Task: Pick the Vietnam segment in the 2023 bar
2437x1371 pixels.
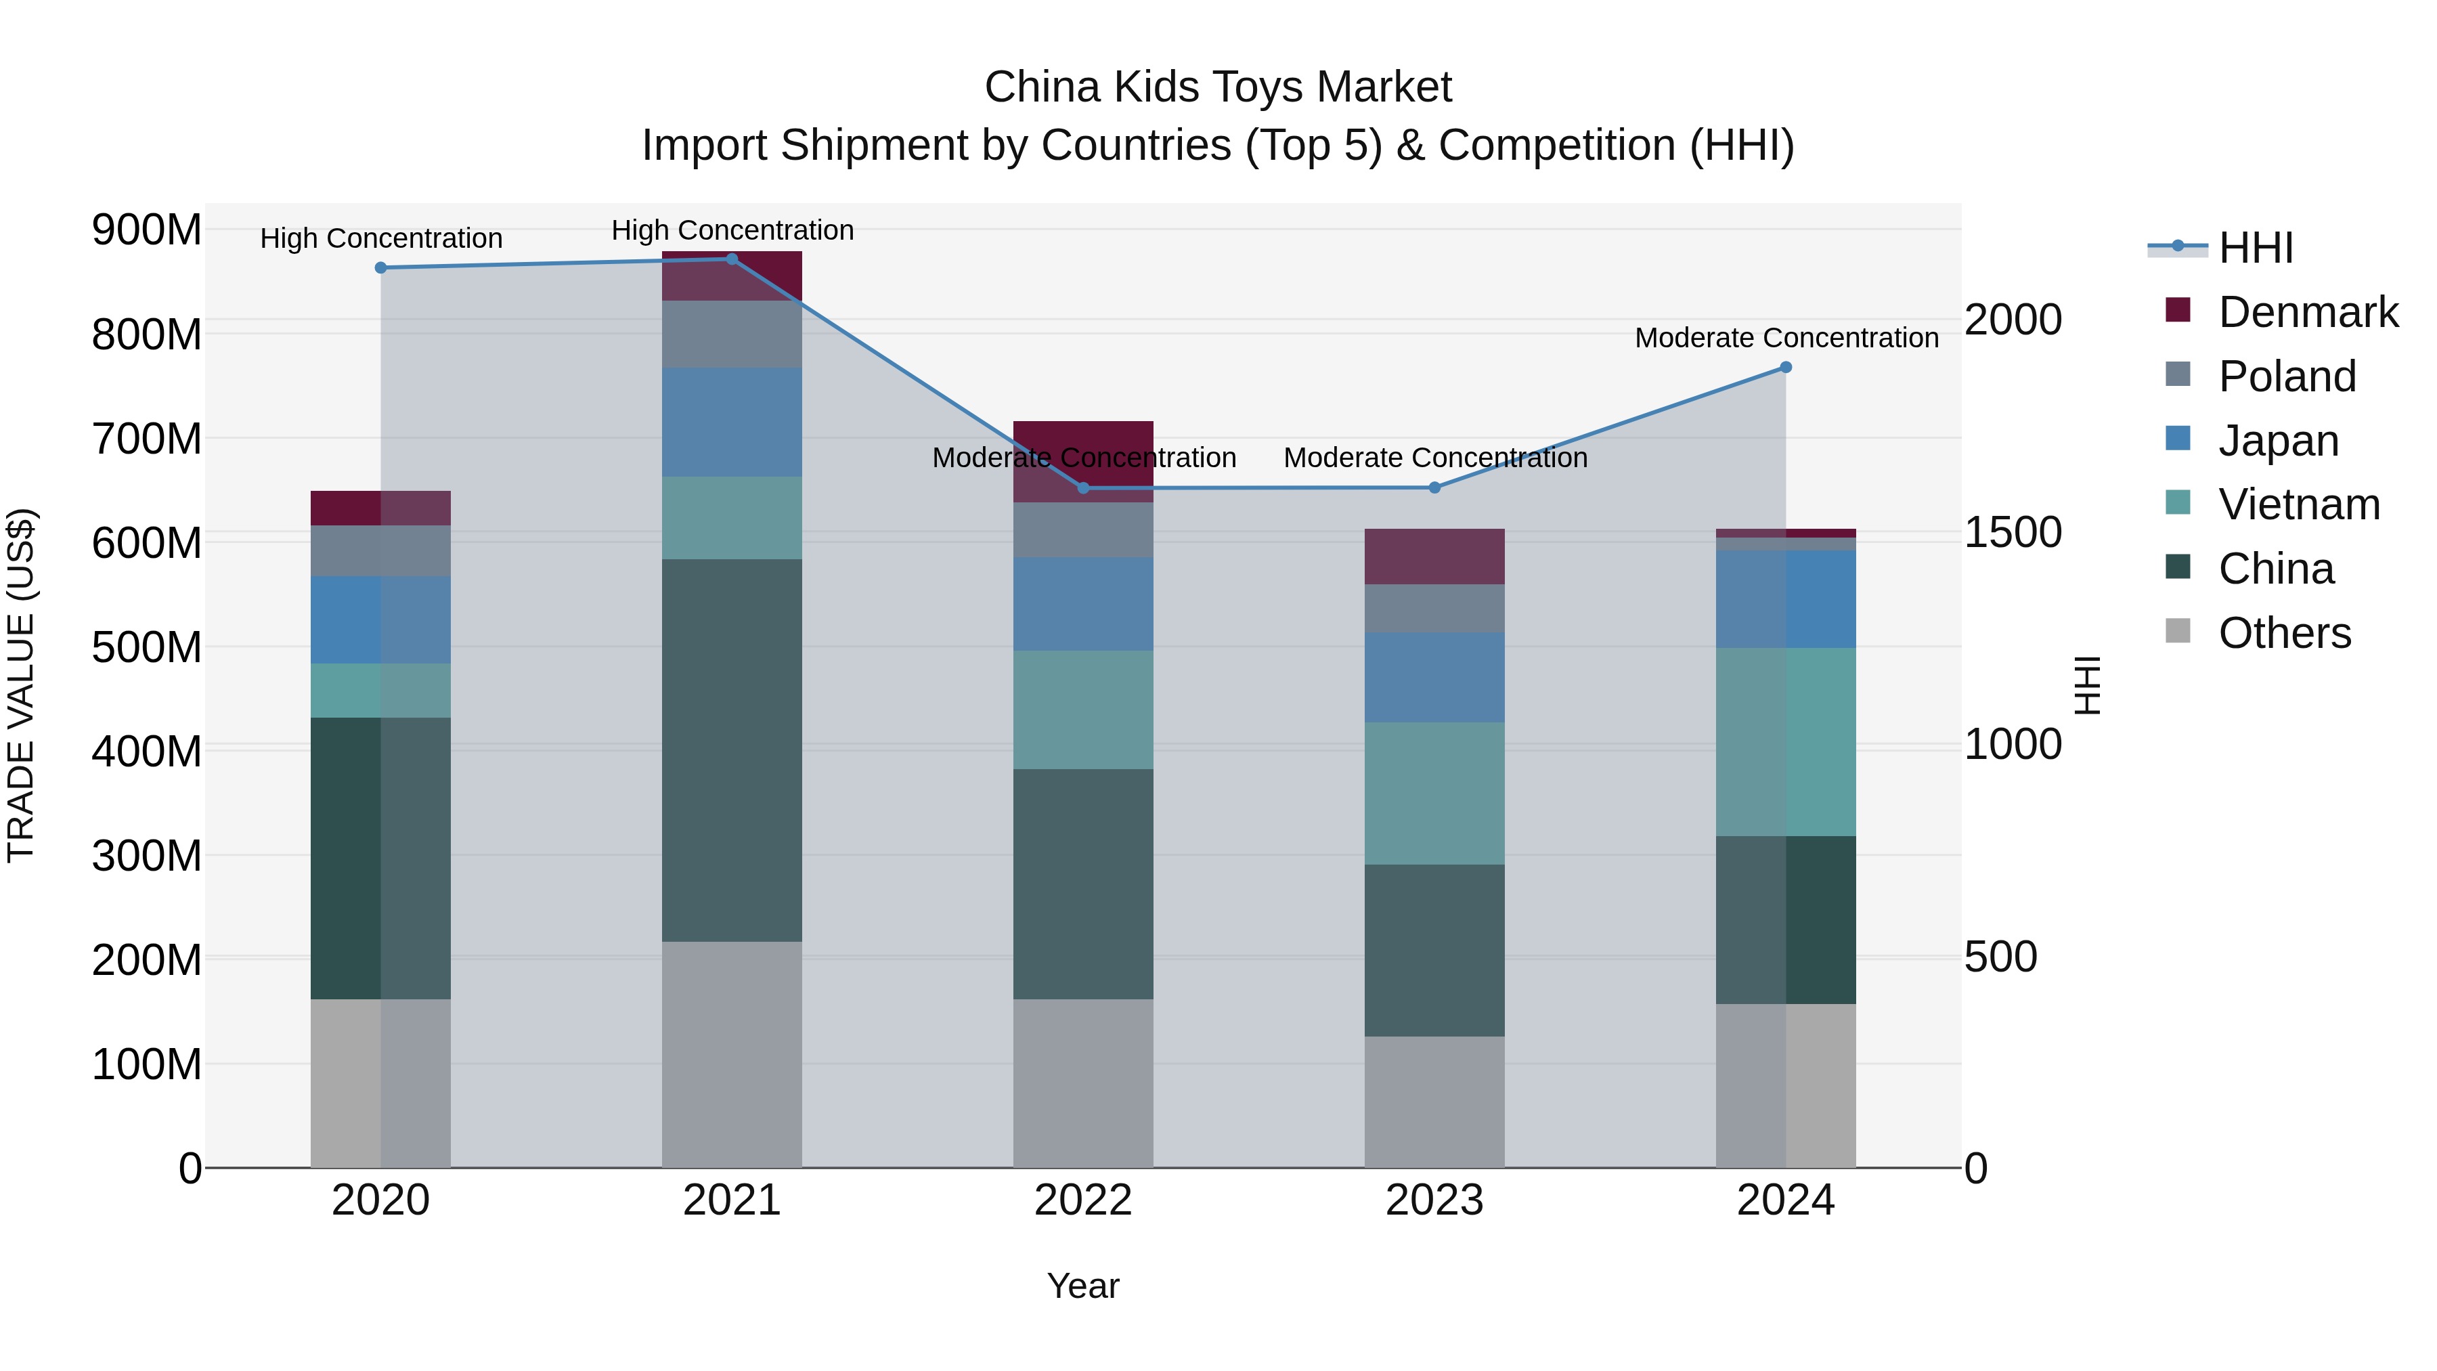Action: (x=1434, y=793)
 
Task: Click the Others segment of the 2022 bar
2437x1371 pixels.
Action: (x=1083, y=1083)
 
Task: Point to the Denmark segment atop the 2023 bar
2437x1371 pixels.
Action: (x=1434, y=557)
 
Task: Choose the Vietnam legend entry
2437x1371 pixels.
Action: (x=2298, y=504)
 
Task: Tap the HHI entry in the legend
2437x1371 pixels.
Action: (x=2256, y=248)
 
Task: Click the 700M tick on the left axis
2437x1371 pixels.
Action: (x=147, y=439)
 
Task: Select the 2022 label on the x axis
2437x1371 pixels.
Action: (x=1083, y=1200)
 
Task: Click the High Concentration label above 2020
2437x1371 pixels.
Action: (x=381, y=238)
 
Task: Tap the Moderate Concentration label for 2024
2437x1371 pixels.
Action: (x=1786, y=338)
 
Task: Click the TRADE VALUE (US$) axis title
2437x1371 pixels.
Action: (x=21, y=685)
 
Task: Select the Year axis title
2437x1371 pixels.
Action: (x=1083, y=1286)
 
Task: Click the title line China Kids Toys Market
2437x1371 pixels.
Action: (x=1218, y=87)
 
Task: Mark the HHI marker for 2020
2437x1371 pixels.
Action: (x=381, y=267)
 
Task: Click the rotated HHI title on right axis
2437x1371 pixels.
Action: (x=2087, y=685)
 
